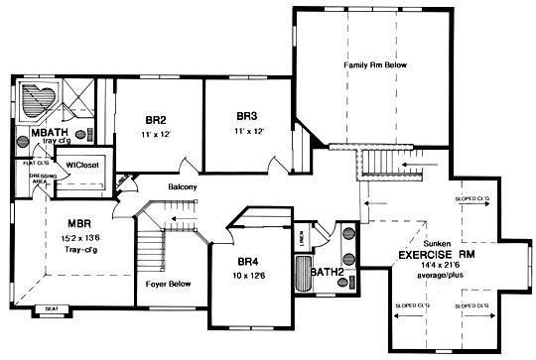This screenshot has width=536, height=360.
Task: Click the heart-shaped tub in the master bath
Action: point(41,101)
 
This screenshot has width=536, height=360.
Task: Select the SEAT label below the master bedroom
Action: point(51,308)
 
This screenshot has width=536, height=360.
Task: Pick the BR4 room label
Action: point(248,262)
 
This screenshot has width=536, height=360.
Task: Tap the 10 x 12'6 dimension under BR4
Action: point(248,277)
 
